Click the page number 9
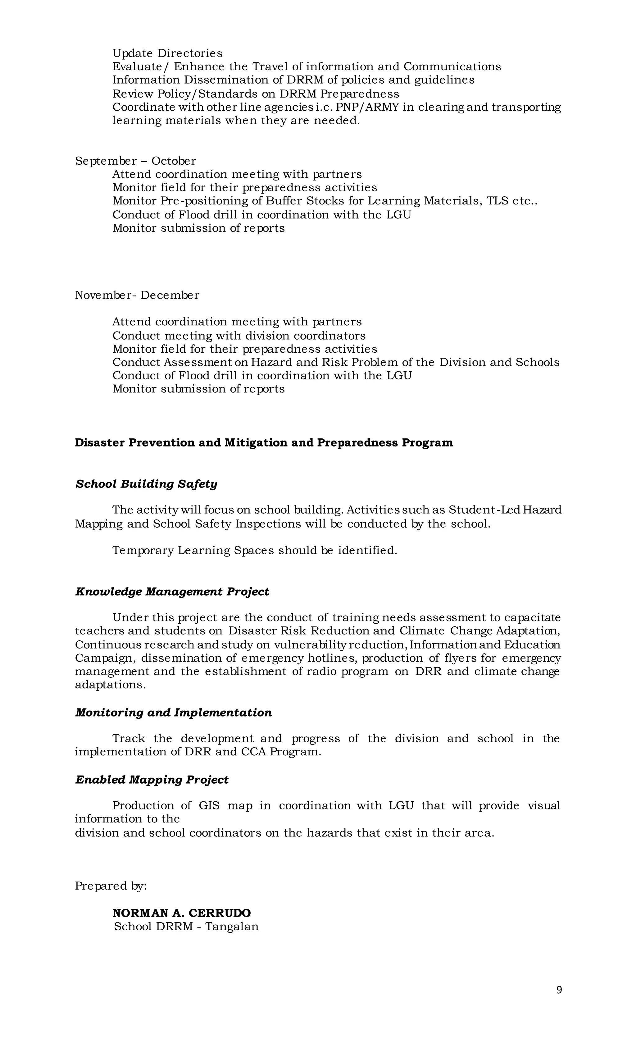pyautogui.click(x=559, y=990)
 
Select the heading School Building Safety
pyautogui.click(x=146, y=484)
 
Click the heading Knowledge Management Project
pyautogui.click(x=172, y=592)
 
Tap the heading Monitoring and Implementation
pyautogui.click(x=174, y=712)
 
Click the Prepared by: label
pyautogui.click(x=111, y=886)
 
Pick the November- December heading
pyautogui.click(x=137, y=295)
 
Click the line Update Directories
pyautogui.click(x=167, y=53)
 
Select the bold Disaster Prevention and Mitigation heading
pyautogui.click(x=264, y=442)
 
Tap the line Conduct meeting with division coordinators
pyautogui.click(x=238, y=336)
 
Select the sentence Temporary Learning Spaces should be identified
pyautogui.click(x=254, y=550)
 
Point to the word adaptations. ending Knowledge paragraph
pyautogui.click(x=110, y=685)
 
